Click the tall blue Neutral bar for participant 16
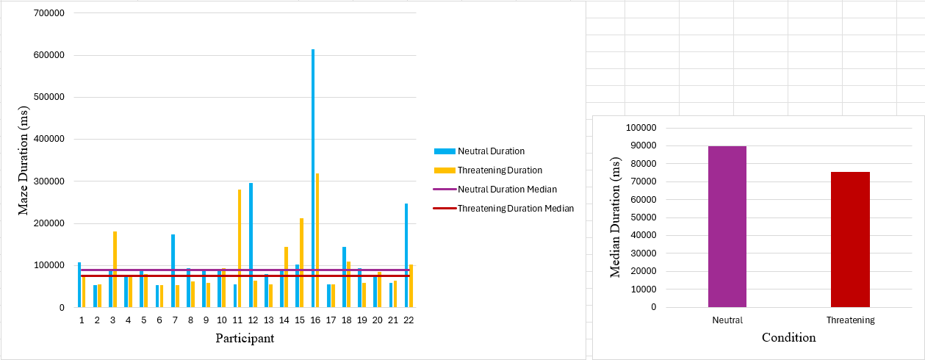313,176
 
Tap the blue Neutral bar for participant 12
251,242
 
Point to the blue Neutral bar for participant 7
173,268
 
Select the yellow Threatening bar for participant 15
301,261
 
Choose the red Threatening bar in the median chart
850,240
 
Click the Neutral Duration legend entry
490,151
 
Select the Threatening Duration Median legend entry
515,209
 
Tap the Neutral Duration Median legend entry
507,190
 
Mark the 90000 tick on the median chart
641,145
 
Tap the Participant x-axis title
245,339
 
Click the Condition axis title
788,338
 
